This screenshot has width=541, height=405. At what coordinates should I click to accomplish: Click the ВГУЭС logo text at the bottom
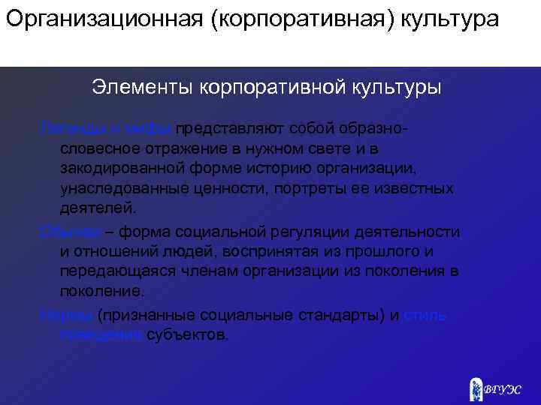coord(503,389)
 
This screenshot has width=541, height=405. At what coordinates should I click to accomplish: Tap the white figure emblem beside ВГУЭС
coord(476,388)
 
